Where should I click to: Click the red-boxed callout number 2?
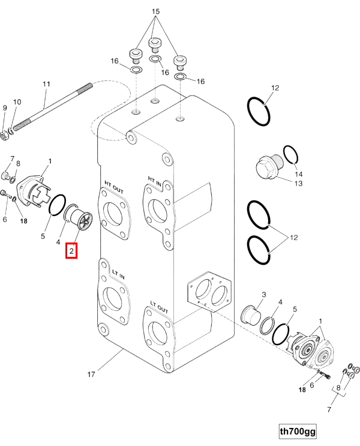(x=71, y=250)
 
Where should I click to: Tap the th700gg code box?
(x=298, y=432)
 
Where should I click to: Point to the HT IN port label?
(x=154, y=181)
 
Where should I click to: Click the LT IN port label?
(x=118, y=274)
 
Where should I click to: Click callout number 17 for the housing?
(x=91, y=375)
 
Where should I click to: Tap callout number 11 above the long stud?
(x=46, y=84)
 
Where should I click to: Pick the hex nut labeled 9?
(x=4, y=136)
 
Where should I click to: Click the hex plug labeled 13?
(x=268, y=167)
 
